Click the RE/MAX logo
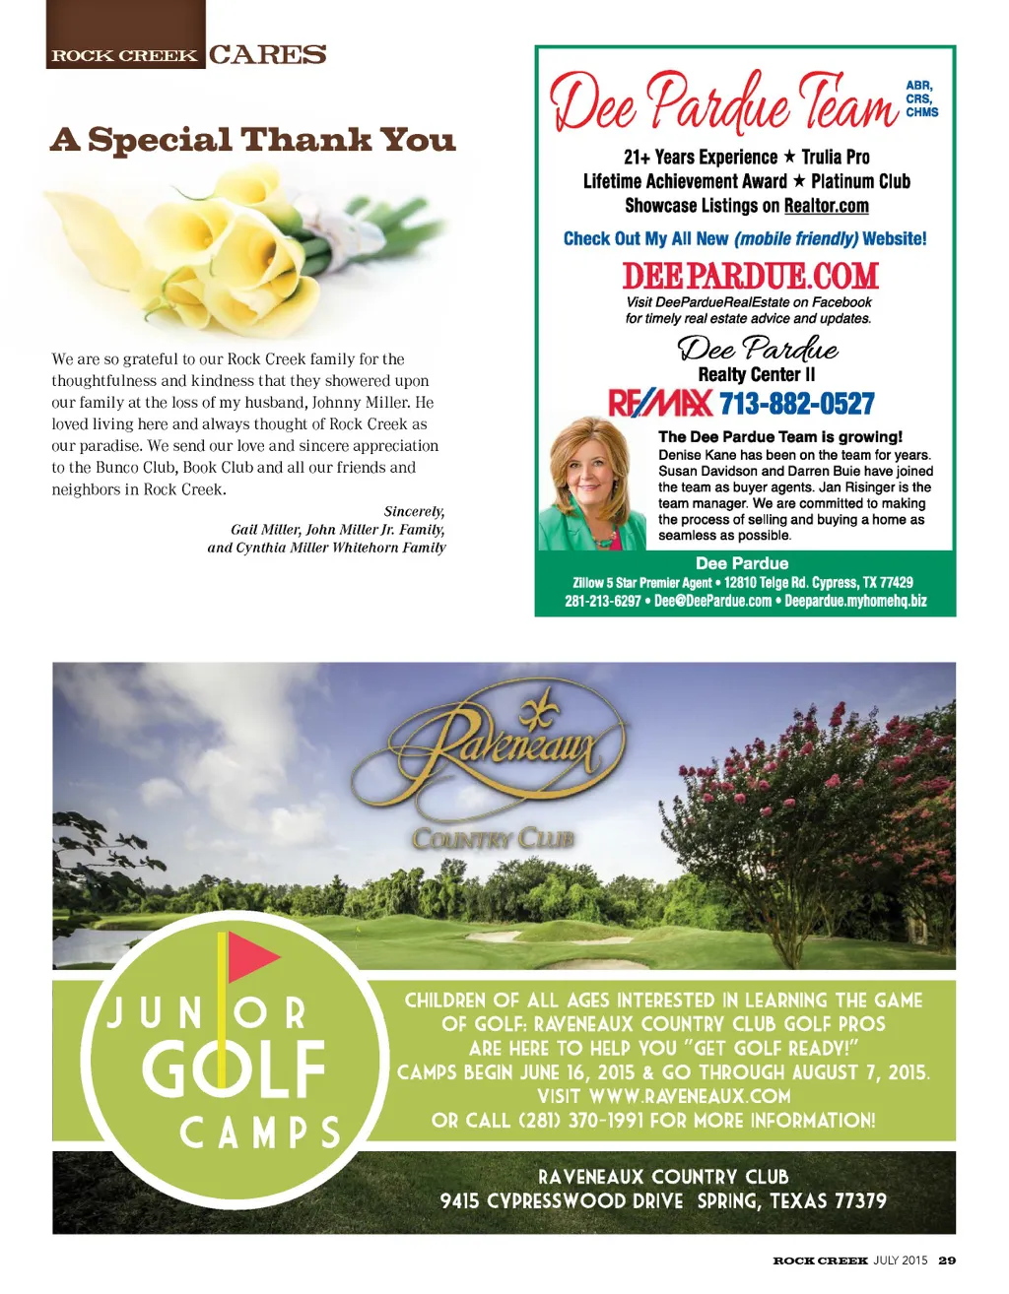661,403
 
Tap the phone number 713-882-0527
796,404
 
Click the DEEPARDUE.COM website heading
750,276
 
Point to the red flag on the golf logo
252,956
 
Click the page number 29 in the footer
947,1260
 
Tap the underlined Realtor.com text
826,206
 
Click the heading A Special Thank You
253,140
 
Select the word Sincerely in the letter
414,511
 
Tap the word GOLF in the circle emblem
234,1068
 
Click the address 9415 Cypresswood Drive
562,1201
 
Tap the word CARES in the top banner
267,55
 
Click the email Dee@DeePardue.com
712,601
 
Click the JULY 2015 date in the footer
900,1260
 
